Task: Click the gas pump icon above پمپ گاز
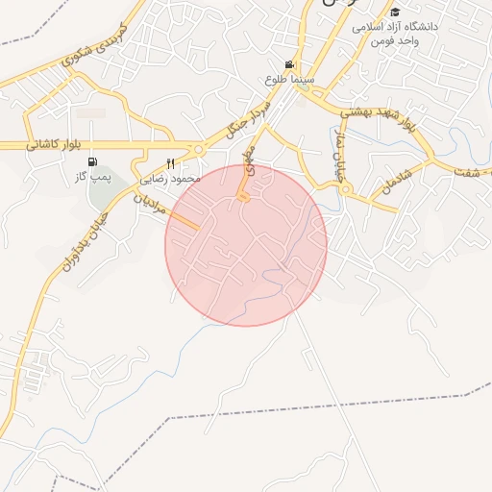(x=92, y=162)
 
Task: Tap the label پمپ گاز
(x=94, y=178)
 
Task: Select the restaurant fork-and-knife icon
(x=171, y=163)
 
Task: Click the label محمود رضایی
(x=170, y=179)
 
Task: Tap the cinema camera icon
(x=288, y=63)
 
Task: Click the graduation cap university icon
(x=394, y=12)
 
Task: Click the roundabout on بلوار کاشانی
(x=198, y=149)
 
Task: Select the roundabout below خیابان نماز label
(x=345, y=189)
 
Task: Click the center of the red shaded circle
(x=246, y=245)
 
